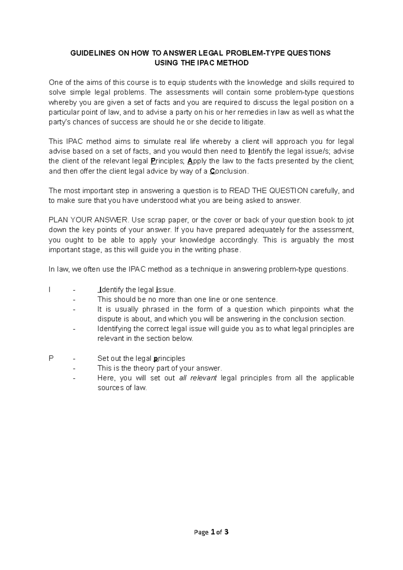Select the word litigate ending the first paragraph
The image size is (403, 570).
(254, 122)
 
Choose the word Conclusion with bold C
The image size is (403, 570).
(229, 171)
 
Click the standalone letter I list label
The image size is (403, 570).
(50, 290)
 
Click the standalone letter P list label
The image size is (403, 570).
(51, 358)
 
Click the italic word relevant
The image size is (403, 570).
(204, 378)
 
